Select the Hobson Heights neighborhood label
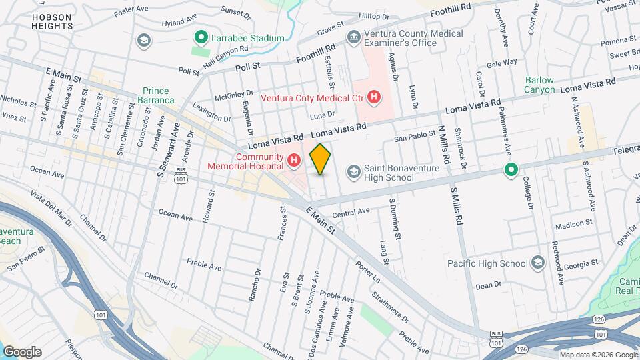(x=51, y=20)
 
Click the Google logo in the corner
(x=22, y=351)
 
